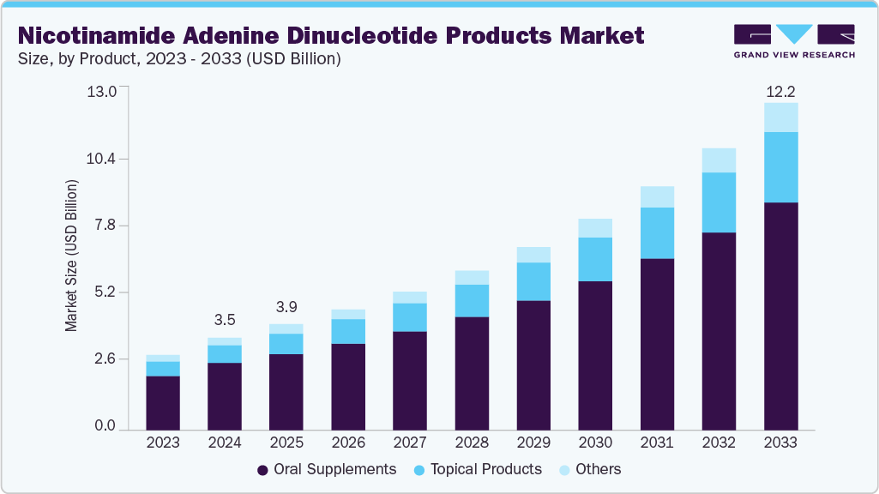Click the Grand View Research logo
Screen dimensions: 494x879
793,40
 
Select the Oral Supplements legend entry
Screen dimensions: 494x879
326,469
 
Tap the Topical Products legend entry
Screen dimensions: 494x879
477,469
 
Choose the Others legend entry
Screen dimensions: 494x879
589,469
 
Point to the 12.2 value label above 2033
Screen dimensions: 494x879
780,91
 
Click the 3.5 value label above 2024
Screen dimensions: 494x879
225,320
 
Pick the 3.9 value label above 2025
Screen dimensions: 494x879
286,307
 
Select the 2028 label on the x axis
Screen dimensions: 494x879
472,443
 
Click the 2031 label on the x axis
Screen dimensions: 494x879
657,443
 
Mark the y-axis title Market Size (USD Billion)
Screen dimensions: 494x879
72,256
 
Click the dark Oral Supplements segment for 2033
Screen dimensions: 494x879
780,316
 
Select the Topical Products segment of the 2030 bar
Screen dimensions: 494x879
595,259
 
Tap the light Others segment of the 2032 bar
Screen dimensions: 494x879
719,160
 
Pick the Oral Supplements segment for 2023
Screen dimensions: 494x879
163,402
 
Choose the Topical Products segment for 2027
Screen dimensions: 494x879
410,317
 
